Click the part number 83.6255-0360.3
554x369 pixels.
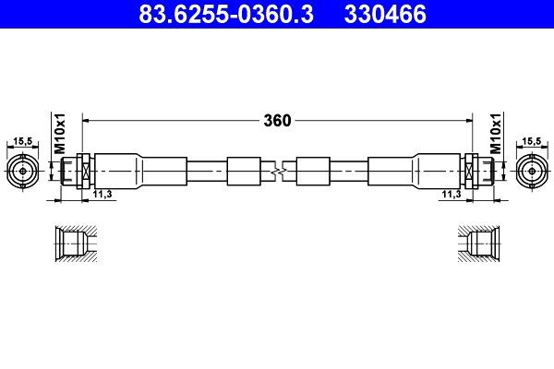pos(219,15)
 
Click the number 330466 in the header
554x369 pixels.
pos(385,15)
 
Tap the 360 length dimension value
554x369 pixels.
pos(277,120)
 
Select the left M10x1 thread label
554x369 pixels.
pos(57,135)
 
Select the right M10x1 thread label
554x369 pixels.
pos(496,135)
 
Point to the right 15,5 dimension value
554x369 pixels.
pos(533,141)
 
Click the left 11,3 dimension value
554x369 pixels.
pos(103,195)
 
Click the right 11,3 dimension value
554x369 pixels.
pos(451,195)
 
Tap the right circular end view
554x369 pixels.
pos(533,171)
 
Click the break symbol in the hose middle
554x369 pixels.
pos(277,171)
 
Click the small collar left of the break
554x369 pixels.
pos(245,171)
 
